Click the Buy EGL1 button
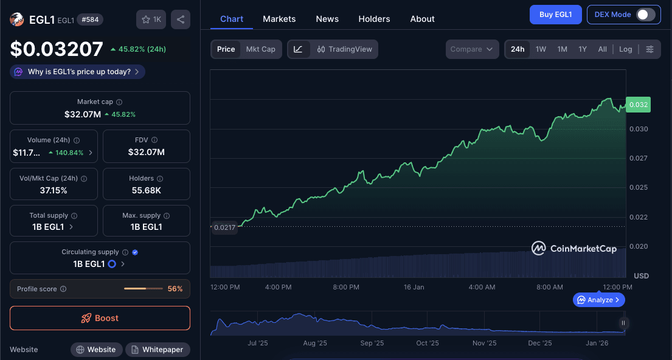555,15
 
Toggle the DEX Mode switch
645,15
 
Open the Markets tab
279,19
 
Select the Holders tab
374,19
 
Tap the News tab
327,19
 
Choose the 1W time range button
541,49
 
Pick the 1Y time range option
583,49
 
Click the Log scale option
626,49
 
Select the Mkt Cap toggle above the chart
260,49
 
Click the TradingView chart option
344,49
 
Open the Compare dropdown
472,49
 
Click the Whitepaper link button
158,350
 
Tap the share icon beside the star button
181,19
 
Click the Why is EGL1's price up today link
77,72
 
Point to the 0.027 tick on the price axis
638,158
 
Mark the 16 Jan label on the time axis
414,287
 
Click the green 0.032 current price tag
638,105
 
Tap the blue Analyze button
598,300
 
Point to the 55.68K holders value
146,190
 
